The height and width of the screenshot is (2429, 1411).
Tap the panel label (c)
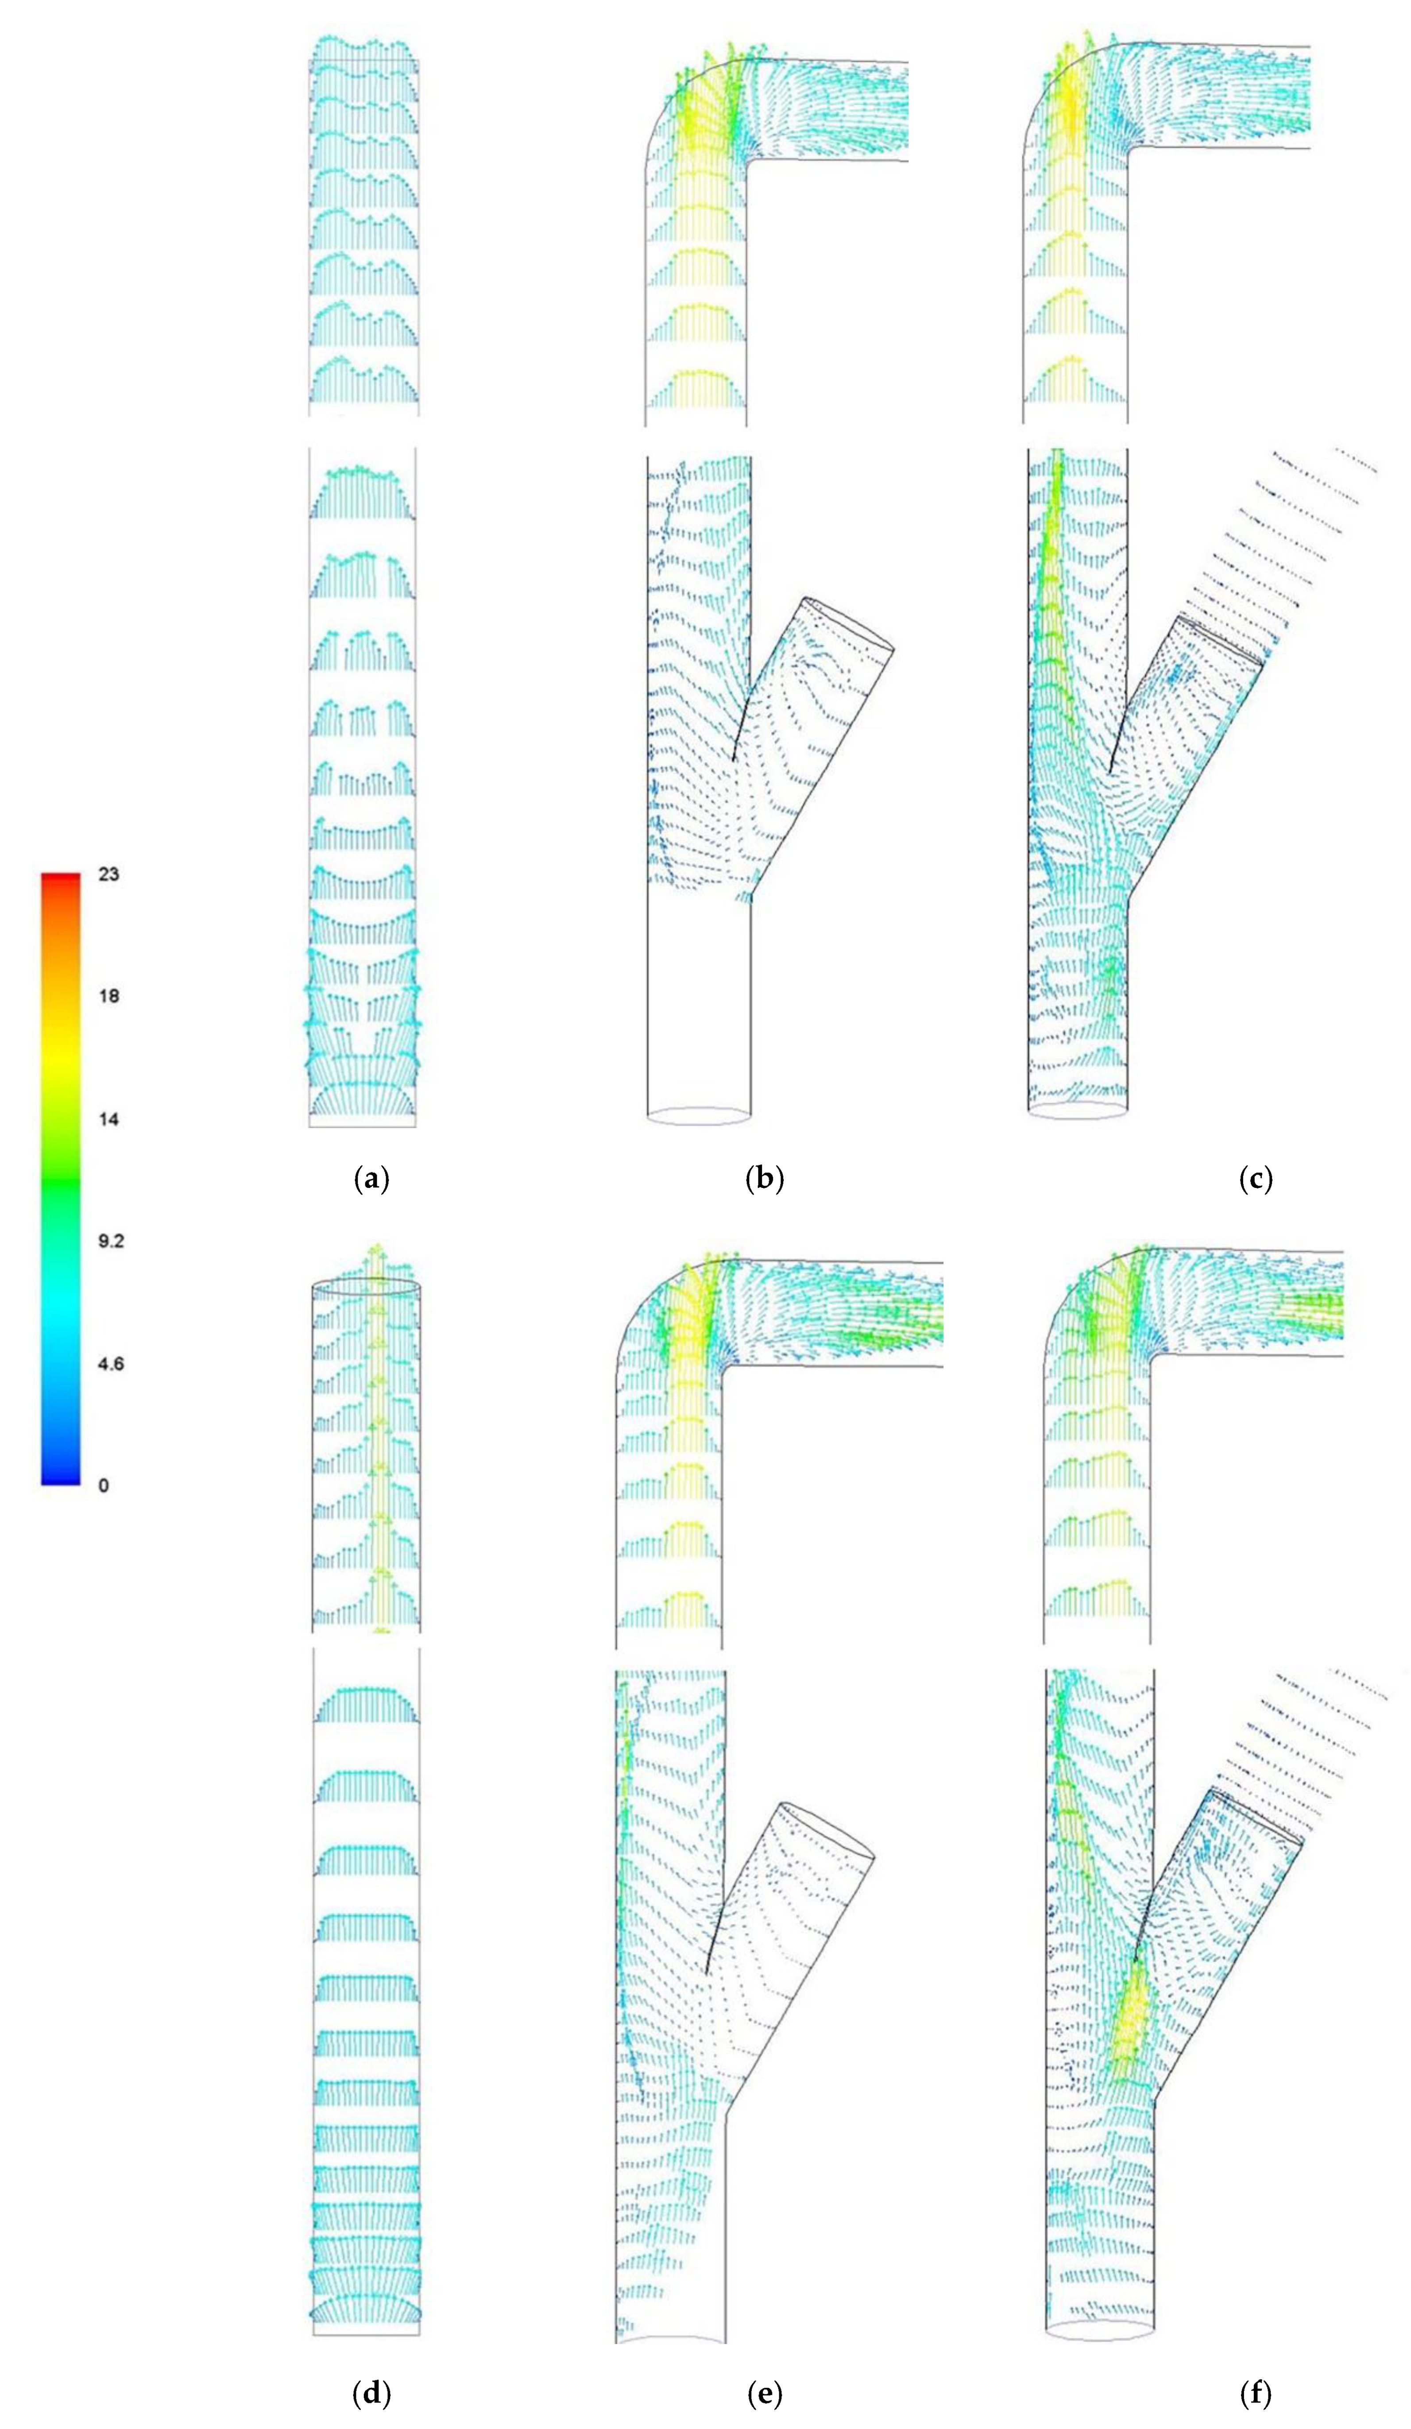click(1255, 1178)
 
